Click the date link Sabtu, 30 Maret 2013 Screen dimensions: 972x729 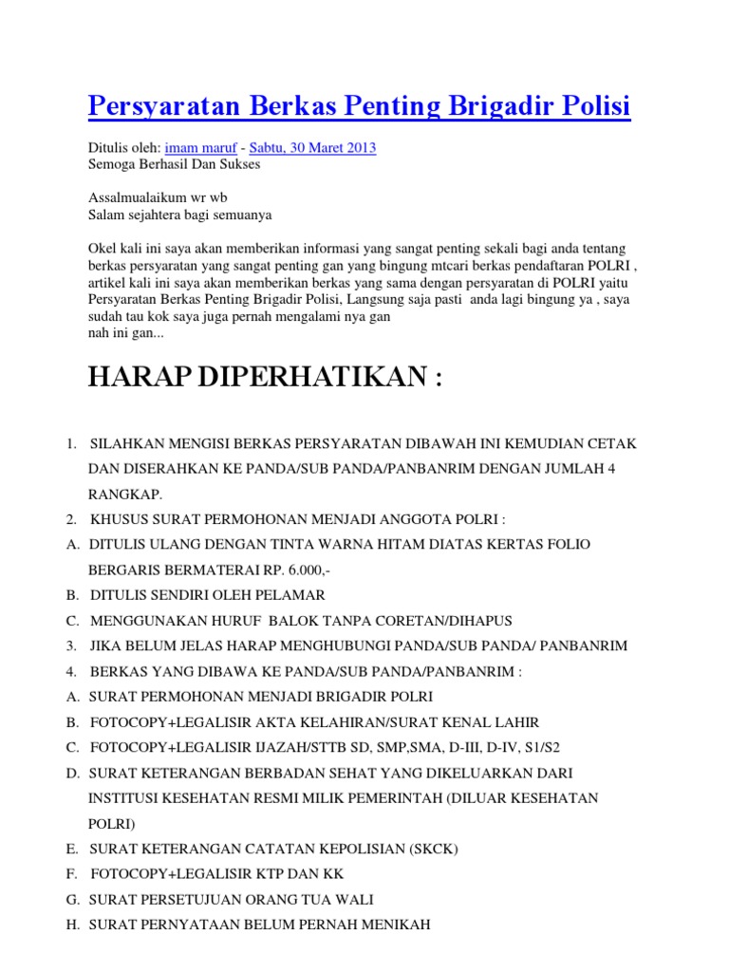[x=313, y=147]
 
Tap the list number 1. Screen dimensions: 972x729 [x=70, y=444]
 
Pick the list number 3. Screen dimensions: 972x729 [x=70, y=645]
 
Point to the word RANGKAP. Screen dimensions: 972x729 [x=124, y=495]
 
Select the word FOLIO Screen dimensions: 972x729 [x=566, y=545]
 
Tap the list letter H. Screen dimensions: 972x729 [x=72, y=924]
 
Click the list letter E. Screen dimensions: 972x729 [x=71, y=849]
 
